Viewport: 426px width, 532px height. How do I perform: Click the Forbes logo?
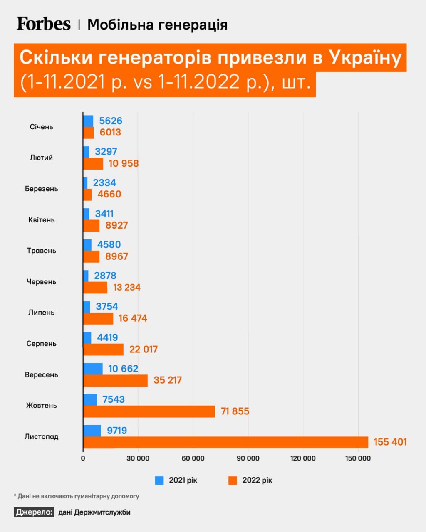pyautogui.click(x=44, y=24)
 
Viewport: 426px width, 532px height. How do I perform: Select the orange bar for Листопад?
pyautogui.click(x=225, y=442)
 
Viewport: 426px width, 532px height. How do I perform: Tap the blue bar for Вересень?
pyautogui.click(x=93, y=369)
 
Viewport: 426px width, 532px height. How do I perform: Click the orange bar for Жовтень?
pyautogui.click(x=149, y=411)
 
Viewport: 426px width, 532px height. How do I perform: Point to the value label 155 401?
pyautogui.click(x=390, y=442)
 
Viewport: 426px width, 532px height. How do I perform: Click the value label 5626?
pyautogui.click(x=111, y=121)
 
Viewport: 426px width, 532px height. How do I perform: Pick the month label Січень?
pyautogui.click(x=42, y=127)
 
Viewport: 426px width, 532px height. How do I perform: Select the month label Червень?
pyautogui.click(x=41, y=282)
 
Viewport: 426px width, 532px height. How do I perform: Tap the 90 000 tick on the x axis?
pyautogui.click(x=248, y=458)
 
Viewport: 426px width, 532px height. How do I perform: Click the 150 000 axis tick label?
pyautogui.click(x=358, y=458)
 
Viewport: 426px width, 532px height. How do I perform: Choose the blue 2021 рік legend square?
pyautogui.click(x=159, y=480)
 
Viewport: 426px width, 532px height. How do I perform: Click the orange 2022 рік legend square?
pyautogui.click(x=233, y=480)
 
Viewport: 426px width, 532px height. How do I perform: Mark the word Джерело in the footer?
pyautogui.click(x=34, y=512)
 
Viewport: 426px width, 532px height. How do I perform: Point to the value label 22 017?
pyautogui.click(x=144, y=350)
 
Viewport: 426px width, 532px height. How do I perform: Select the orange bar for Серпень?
pyautogui.click(x=103, y=350)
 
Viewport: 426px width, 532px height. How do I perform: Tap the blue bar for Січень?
pyautogui.click(x=88, y=121)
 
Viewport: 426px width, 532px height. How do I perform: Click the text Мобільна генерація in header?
pyautogui.click(x=157, y=25)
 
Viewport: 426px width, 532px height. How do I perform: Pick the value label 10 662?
pyautogui.click(x=123, y=369)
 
